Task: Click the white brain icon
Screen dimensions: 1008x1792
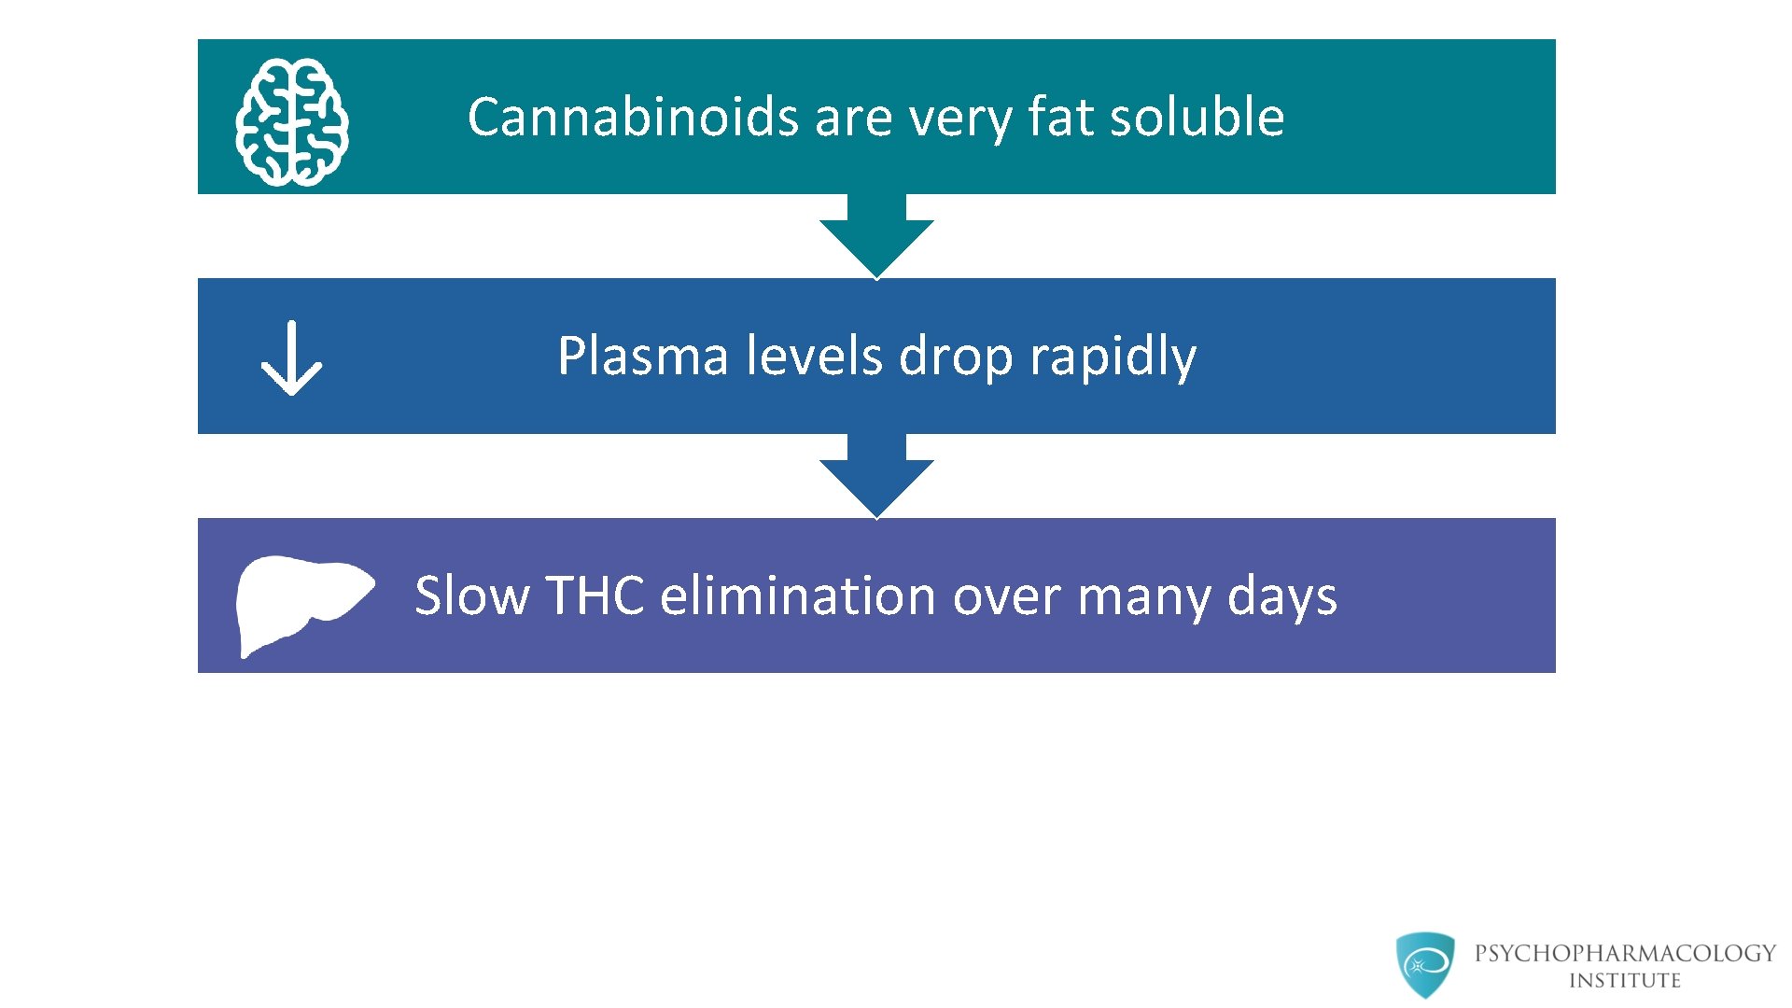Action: pos(292,122)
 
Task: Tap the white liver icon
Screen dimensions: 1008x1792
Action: pos(299,602)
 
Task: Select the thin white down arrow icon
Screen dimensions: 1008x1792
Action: pos(291,358)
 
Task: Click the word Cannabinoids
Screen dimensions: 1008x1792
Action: pos(633,118)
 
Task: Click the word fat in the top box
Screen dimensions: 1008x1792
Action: pos(1061,118)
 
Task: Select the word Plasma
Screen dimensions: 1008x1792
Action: pos(642,357)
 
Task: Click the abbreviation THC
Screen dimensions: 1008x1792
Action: pos(595,595)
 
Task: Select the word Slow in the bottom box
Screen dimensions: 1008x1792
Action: pos(471,595)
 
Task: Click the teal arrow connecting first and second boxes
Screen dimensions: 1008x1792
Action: pos(876,237)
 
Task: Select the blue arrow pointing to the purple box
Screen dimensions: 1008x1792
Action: pos(876,477)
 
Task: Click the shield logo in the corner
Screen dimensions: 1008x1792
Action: pos(1424,964)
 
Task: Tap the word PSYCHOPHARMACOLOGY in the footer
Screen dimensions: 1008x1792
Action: pos(1625,953)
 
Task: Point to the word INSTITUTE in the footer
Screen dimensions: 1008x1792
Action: pos(1624,981)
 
